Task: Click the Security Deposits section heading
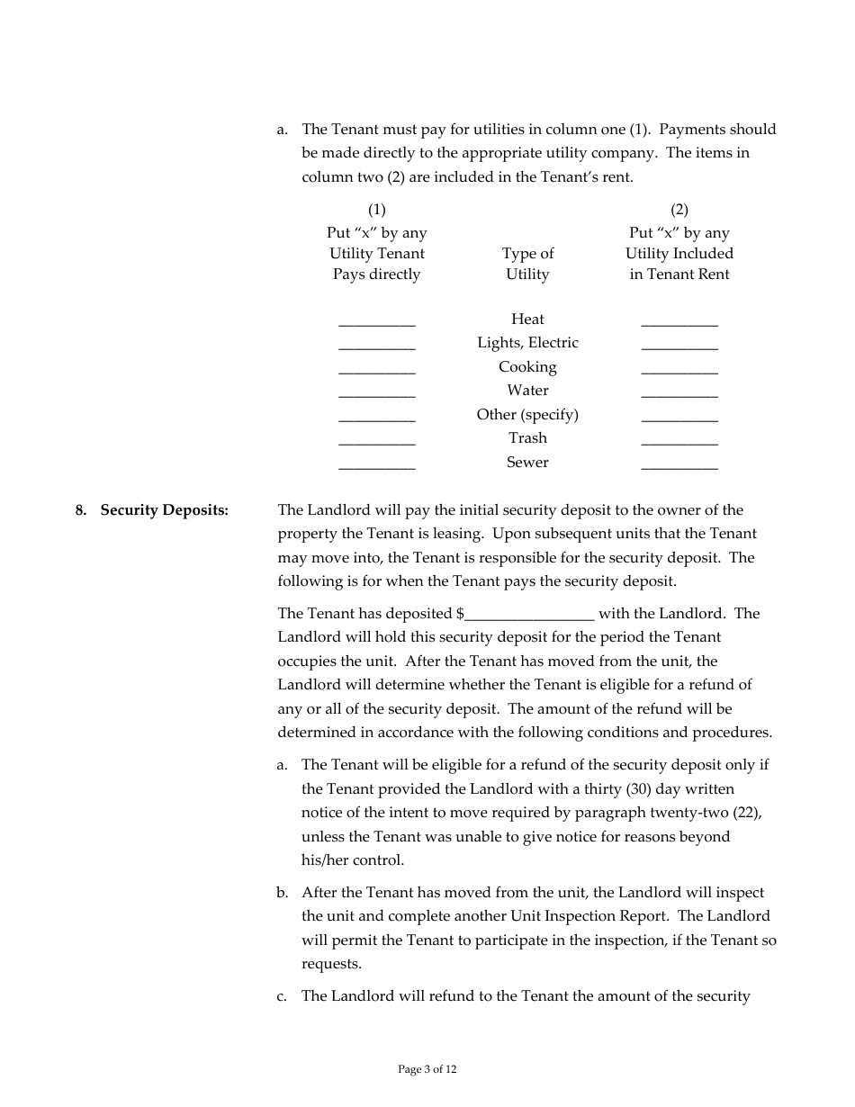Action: coord(164,510)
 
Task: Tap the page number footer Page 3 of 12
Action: coord(427,1069)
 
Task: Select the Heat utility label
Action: coord(527,319)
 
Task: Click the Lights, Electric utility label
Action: coord(527,343)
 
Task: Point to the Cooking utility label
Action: coord(527,367)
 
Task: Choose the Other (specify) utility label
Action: coord(527,415)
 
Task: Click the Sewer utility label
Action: coord(527,463)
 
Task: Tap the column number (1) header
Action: coord(376,210)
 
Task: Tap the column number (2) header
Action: coord(679,210)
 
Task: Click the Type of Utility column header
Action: coord(527,264)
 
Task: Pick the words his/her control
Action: coord(353,860)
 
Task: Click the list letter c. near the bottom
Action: coord(282,996)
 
